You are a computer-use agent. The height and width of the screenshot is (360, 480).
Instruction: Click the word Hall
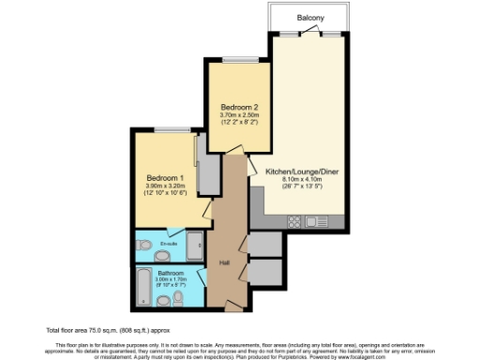pos(224,262)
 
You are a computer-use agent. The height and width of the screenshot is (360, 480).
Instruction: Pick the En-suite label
pos(170,245)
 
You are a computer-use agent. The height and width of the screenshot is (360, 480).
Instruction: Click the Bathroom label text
pos(171,273)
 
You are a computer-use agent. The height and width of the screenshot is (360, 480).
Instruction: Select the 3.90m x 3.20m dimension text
pos(167,186)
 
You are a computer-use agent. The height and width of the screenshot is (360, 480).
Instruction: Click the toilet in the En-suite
pos(145,247)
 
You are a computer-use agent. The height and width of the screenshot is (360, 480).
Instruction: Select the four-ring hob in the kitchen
pos(294,222)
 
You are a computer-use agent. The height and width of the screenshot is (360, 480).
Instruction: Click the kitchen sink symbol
pos(316,222)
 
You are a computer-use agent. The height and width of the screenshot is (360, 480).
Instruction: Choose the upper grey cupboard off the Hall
pos(266,243)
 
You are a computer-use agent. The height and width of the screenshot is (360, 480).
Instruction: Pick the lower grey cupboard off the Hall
pos(266,271)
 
